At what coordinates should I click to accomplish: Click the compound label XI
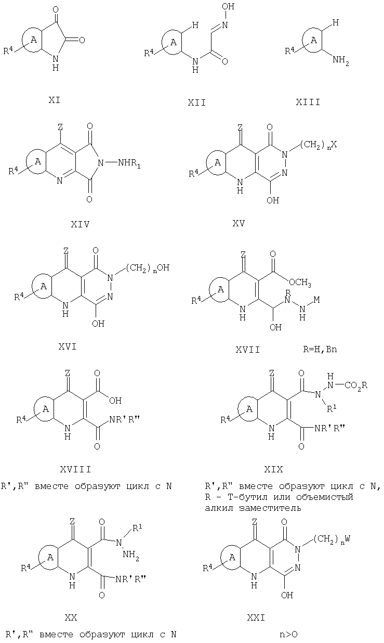point(54,100)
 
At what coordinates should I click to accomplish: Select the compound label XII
point(197,102)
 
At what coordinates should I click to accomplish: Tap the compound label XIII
point(308,102)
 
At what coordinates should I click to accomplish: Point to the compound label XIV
point(81,224)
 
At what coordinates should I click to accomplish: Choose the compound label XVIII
point(76,469)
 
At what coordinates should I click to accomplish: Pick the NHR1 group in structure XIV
point(129,164)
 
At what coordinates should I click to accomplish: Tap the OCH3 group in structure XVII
point(300,283)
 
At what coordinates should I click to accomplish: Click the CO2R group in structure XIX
point(355,385)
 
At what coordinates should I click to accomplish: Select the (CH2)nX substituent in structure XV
point(319,145)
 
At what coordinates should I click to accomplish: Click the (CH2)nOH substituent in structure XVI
point(148,268)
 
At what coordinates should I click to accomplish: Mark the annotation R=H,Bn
point(320,350)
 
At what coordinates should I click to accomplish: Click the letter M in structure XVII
point(316,300)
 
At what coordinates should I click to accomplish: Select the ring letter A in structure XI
point(34,40)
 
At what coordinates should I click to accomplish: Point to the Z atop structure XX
point(72,521)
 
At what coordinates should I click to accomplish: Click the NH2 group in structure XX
point(131,554)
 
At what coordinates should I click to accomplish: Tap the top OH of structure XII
point(228,6)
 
